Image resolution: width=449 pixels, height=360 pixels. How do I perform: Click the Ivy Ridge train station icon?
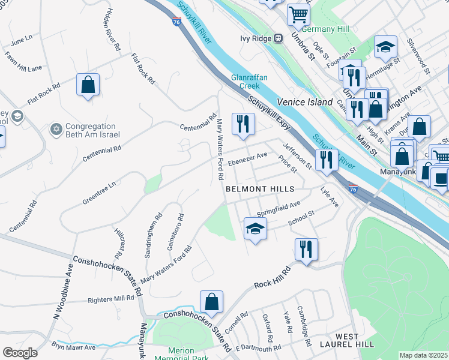click(278, 38)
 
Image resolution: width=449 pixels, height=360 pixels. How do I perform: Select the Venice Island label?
click(304, 102)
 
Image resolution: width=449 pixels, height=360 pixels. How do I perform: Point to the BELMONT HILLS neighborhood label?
click(260, 189)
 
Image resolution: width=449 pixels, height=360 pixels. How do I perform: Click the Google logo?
click(20, 352)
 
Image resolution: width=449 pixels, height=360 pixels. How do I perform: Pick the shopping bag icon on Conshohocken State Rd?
click(211, 302)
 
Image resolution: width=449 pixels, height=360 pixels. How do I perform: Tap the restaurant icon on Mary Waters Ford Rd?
click(243, 124)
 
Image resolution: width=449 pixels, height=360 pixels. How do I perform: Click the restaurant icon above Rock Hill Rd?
click(306, 249)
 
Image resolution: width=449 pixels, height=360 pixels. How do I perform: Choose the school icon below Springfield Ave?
click(255, 229)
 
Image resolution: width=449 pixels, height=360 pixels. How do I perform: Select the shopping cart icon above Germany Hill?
click(298, 14)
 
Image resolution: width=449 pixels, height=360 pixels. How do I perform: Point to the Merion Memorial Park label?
click(182, 355)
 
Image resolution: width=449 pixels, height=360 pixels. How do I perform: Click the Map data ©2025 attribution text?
click(424, 355)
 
